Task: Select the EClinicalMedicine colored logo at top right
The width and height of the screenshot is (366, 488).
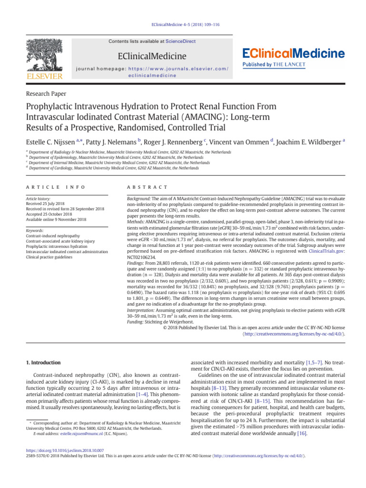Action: pyautogui.click(x=294, y=53)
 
